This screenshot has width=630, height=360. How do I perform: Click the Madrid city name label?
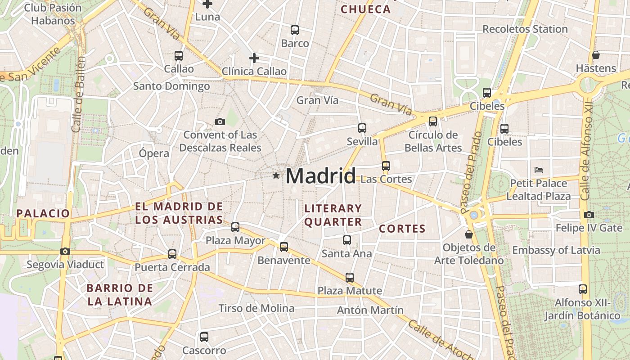[x=320, y=175]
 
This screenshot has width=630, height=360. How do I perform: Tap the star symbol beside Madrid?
[x=276, y=175]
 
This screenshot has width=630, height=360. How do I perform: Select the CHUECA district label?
[x=365, y=9]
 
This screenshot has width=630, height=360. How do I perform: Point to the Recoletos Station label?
[x=525, y=29]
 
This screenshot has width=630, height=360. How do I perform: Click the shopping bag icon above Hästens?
[x=596, y=55]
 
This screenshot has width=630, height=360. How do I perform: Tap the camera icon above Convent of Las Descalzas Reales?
[x=220, y=121]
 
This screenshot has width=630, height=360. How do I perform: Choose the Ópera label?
[x=154, y=153]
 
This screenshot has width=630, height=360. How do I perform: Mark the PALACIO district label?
[x=43, y=213]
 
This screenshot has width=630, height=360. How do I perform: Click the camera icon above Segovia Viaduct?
[x=65, y=252]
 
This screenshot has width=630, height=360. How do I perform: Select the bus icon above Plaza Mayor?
[x=235, y=227]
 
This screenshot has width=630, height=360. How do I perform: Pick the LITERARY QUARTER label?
[x=333, y=215]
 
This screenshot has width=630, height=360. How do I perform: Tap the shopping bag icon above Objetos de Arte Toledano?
[x=469, y=234]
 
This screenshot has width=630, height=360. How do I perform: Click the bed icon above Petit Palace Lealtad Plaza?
[x=539, y=170]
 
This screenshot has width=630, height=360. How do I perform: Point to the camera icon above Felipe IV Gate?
[x=589, y=215]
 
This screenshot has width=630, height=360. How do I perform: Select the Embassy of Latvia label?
[x=556, y=250]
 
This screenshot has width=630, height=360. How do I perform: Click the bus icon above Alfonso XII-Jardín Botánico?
[x=583, y=289]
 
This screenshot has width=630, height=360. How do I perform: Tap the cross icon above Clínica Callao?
[x=254, y=58]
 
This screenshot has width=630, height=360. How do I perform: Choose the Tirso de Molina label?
[x=256, y=308]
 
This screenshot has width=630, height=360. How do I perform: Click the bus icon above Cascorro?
[x=204, y=337]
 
